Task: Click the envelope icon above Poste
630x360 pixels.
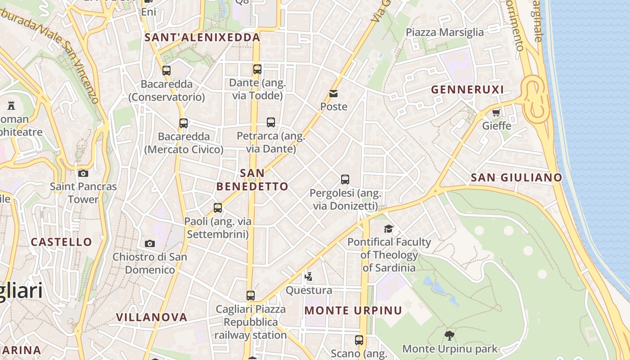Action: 333,94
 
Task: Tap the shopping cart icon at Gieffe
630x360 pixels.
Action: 496,112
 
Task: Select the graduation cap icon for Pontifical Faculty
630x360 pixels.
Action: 388,229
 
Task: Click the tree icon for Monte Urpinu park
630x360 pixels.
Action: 449,335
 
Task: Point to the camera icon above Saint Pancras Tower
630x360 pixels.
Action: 83,173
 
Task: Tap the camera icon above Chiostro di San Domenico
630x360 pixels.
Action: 150,243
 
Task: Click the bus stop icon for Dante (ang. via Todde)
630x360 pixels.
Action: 257,69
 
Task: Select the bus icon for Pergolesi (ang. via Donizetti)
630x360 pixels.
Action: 345,180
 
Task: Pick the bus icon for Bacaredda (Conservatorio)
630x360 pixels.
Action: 166,71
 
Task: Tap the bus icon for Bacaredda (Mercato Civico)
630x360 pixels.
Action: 184,123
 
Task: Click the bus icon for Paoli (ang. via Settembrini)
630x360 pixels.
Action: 218,208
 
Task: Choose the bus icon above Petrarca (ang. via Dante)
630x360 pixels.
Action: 271,122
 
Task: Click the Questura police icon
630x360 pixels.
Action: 309,276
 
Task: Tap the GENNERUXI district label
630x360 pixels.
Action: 468,90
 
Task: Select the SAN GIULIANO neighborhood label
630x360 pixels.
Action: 516,177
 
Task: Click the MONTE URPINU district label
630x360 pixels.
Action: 353,310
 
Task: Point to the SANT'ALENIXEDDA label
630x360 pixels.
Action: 202,37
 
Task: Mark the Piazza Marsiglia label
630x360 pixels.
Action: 445,32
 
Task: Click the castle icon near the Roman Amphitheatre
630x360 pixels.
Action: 11,106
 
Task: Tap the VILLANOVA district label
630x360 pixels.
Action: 152,317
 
